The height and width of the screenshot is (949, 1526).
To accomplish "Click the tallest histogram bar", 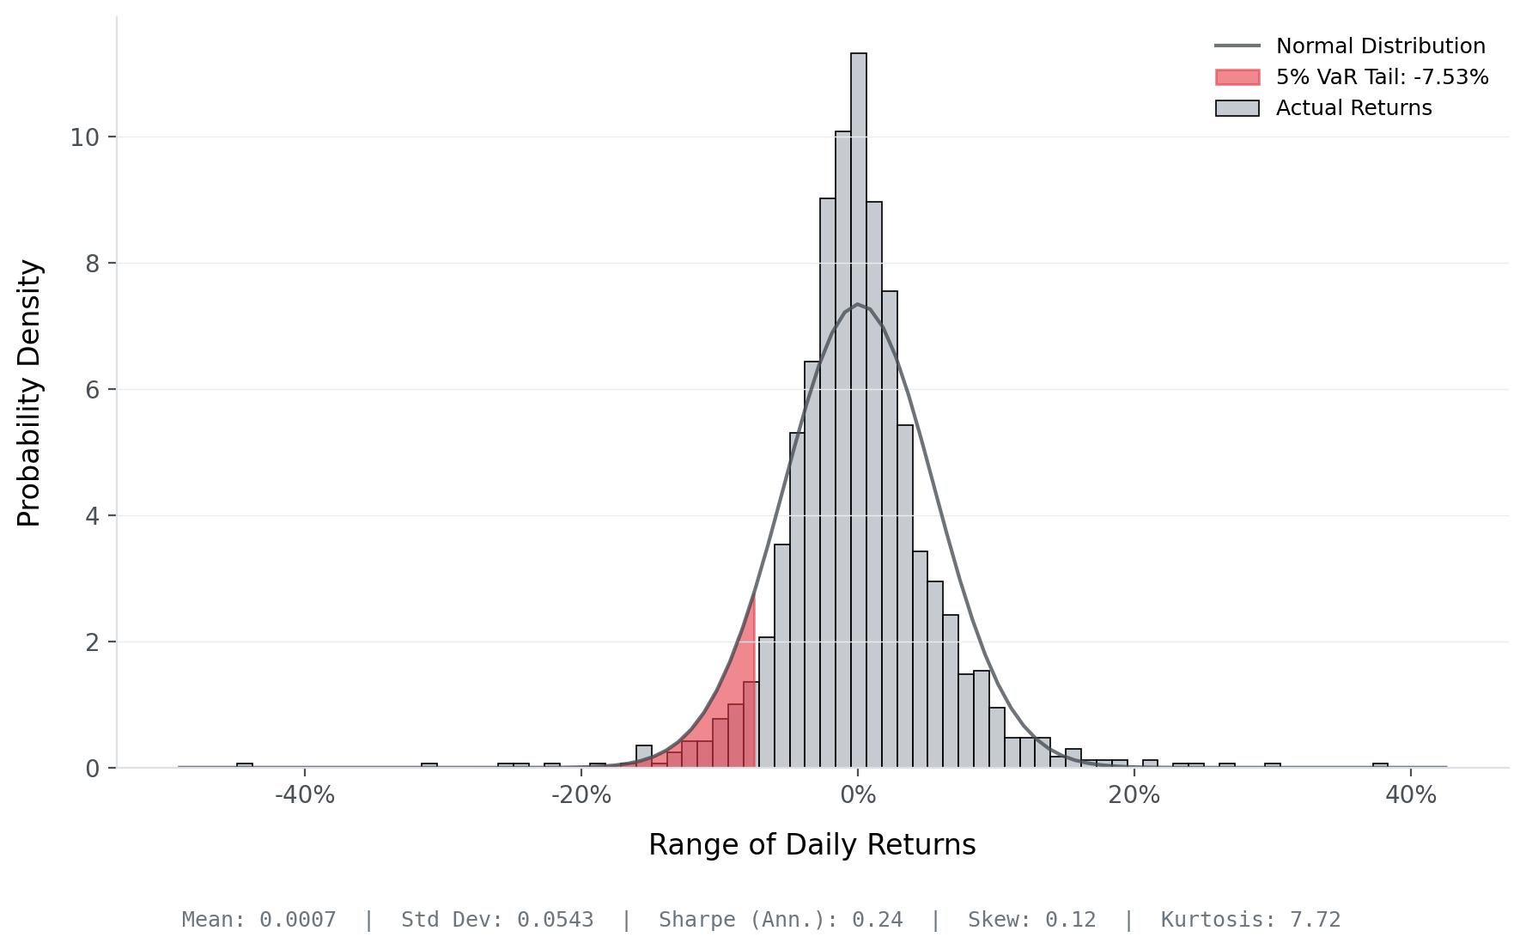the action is [858, 410].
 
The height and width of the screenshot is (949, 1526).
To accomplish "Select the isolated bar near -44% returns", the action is [245, 764].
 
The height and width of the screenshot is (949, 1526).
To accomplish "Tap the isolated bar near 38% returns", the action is [1380, 764].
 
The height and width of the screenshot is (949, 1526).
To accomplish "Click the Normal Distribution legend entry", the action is [1350, 46].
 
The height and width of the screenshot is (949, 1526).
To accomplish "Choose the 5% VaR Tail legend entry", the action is [1352, 77].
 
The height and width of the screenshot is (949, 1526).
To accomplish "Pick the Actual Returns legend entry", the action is [1323, 108].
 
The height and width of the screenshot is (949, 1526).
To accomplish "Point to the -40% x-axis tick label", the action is [305, 795].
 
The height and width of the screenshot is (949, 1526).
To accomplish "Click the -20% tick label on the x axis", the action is [581, 795].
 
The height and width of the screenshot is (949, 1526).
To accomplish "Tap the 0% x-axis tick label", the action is [858, 795].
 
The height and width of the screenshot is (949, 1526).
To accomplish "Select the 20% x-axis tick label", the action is [1134, 795].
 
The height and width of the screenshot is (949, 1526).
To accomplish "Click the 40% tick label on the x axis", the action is [1411, 795].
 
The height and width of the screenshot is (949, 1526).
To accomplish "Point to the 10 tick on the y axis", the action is [85, 137].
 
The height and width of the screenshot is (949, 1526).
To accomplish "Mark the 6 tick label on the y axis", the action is [93, 390].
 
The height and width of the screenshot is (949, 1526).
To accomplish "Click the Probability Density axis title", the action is [29, 392].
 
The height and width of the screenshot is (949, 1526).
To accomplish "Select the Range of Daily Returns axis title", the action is [812, 845].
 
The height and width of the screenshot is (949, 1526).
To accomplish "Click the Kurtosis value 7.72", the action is [1315, 920].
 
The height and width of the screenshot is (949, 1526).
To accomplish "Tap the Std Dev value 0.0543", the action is [555, 920].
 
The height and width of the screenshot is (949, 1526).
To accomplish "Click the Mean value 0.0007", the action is [297, 920].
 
